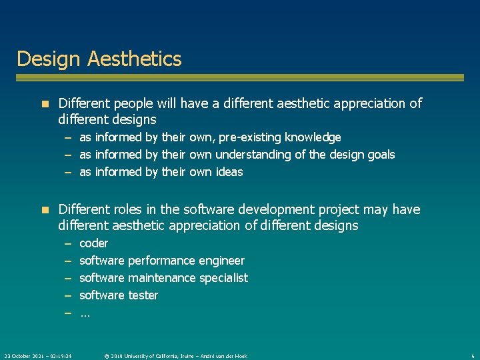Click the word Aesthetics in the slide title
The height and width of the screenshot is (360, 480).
[134, 59]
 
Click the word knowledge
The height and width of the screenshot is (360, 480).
[313, 137]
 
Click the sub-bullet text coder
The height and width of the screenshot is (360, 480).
[93, 243]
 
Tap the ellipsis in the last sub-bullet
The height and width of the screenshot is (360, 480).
[85, 313]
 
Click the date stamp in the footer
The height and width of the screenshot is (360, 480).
[39, 356]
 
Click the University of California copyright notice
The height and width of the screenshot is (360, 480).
[175, 356]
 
